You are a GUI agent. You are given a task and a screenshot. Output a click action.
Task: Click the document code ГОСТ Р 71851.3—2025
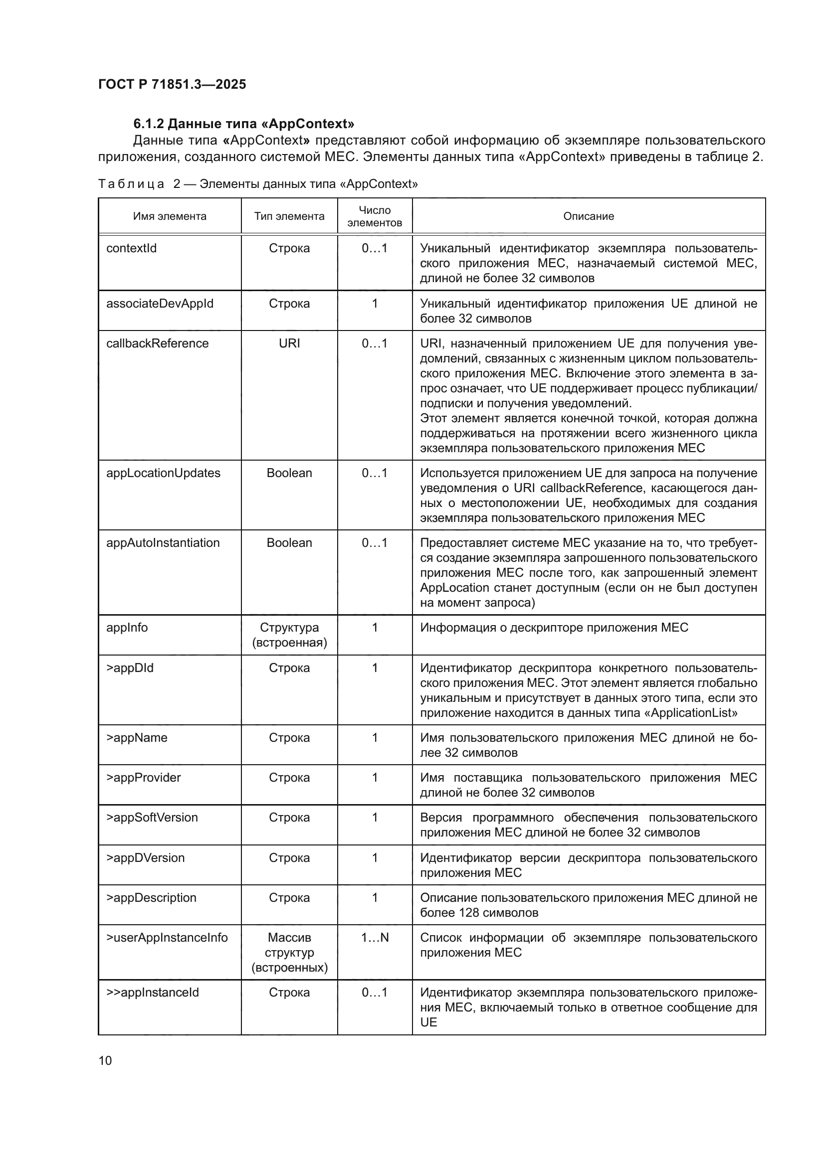[x=172, y=84]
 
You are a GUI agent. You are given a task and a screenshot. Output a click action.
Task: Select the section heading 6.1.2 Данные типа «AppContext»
[x=243, y=124]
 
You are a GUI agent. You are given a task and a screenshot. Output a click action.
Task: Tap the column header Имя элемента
[x=170, y=216]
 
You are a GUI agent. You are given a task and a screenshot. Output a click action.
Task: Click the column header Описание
[x=588, y=216]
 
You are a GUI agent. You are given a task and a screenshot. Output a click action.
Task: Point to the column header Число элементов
[x=375, y=216]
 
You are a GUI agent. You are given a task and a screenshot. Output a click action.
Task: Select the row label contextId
[x=132, y=248]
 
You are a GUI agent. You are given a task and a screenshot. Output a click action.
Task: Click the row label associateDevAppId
[x=160, y=304]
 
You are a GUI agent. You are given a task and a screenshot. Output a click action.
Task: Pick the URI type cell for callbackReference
[x=289, y=343]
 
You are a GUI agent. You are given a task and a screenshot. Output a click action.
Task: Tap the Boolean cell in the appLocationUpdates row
[x=289, y=473]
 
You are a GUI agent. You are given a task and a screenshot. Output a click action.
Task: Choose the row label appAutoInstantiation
[x=163, y=543]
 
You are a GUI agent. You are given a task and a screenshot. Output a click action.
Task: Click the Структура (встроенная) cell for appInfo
[x=289, y=635]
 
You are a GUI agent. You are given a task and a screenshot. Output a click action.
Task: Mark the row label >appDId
[x=130, y=668]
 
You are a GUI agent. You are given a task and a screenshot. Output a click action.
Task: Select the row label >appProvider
[x=143, y=778]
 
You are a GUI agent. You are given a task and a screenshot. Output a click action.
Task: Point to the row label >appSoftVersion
[x=152, y=818]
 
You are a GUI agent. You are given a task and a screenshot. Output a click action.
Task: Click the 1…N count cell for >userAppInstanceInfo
[x=375, y=938]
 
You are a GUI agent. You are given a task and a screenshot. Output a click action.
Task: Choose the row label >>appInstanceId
[x=153, y=993]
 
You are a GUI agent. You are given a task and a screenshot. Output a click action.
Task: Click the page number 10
[x=105, y=1060]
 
